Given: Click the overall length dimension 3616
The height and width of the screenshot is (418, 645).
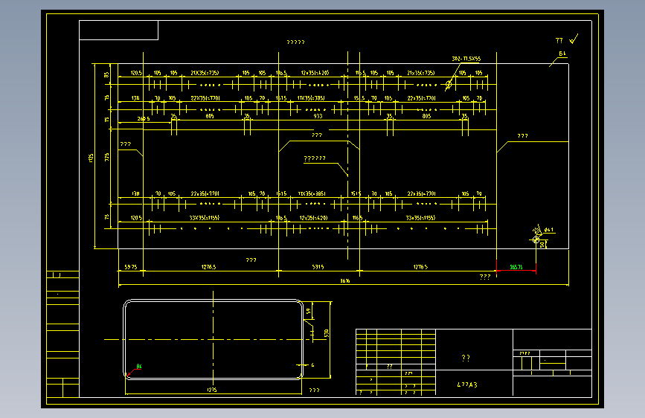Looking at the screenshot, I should [x=344, y=280].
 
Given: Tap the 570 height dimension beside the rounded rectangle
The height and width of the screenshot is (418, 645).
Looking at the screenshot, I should [x=326, y=333].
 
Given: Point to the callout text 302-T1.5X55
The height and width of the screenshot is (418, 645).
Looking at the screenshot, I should [x=466, y=58].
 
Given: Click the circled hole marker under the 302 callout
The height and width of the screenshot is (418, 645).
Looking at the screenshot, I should [x=449, y=85].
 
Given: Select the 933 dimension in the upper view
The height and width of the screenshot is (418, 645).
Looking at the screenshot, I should [x=318, y=116].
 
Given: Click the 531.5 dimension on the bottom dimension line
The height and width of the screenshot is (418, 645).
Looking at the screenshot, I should [x=318, y=266].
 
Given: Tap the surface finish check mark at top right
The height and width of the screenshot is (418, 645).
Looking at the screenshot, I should [x=573, y=39].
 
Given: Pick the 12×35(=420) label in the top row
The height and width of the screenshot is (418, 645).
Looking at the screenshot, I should [x=315, y=73].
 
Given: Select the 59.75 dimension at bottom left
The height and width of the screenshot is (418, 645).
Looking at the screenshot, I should [x=130, y=266].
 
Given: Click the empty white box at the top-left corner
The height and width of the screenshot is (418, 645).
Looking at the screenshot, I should [x=118, y=30].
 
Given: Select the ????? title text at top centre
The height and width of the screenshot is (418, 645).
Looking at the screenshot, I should [x=295, y=42].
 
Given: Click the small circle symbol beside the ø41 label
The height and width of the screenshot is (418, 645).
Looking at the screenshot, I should [x=536, y=239].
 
